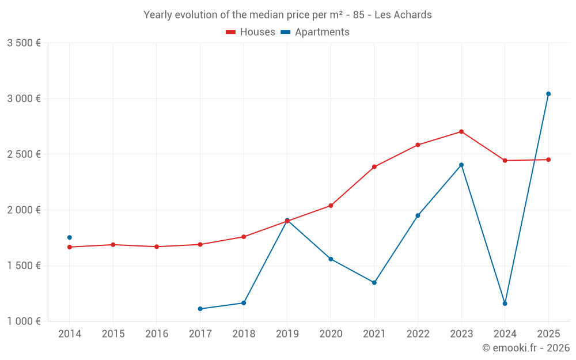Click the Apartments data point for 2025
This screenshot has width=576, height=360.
point(548,94)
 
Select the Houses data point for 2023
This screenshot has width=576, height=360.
point(461,131)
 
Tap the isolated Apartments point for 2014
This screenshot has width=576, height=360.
point(70,237)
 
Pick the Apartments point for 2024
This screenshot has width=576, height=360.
point(505,304)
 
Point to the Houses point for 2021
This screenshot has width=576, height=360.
point(374,167)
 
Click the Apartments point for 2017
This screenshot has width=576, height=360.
point(200,309)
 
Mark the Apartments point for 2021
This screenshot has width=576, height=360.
point(374,283)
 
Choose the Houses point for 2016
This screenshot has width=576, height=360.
point(157,247)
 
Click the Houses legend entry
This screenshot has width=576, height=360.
point(251,32)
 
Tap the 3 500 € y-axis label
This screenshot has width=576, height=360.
point(24,43)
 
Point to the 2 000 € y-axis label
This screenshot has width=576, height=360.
point(24,210)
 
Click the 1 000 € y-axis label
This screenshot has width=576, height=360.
point(24,321)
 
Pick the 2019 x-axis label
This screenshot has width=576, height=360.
point(287,334)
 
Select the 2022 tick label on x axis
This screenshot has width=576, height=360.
point(418,334)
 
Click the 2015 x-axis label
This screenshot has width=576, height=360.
point(113,334)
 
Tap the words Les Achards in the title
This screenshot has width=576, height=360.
point(403,15)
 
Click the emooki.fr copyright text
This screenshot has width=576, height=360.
point(526,348)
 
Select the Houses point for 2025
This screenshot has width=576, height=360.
point(548,160)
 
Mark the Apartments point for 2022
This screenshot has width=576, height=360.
point(418,215)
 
